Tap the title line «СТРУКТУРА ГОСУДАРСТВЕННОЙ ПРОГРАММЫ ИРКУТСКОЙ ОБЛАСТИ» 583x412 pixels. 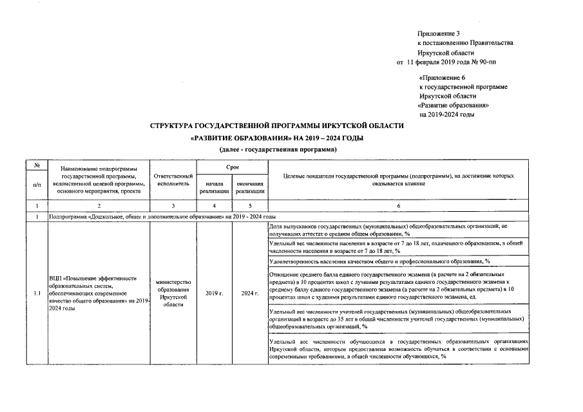tap(277, 126)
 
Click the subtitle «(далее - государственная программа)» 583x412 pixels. tap(278, 149)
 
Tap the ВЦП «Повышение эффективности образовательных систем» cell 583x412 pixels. tap(99, 294)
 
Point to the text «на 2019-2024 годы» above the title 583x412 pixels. tap(446, 114)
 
